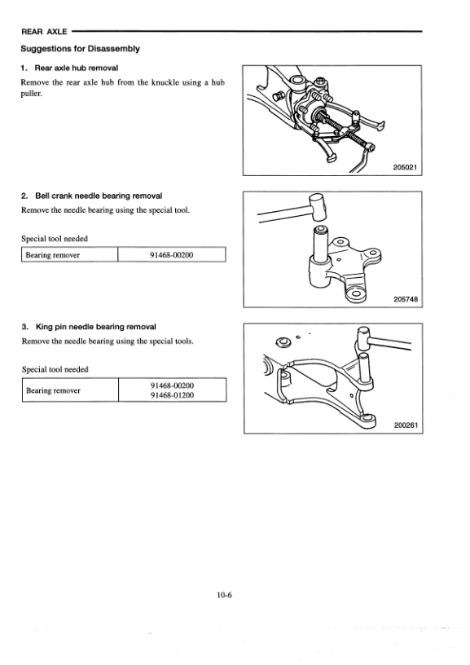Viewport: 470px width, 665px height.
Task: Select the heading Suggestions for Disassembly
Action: [x=80, y=48]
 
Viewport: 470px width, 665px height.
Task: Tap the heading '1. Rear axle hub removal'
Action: [x=74, y=68]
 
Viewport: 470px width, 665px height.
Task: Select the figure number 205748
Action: [x=404, y=299]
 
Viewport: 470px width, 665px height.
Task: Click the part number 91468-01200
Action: [x=172, y=396]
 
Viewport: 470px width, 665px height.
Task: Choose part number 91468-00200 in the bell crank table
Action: [x=172, y=255]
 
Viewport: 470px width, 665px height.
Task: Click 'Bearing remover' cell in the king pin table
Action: [x=53, y=390]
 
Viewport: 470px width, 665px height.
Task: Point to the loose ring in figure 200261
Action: [x=283, y=341]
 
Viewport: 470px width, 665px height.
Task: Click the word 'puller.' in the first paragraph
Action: [x=33, y=94]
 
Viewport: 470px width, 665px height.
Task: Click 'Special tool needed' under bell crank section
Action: [x=55, y=239]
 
